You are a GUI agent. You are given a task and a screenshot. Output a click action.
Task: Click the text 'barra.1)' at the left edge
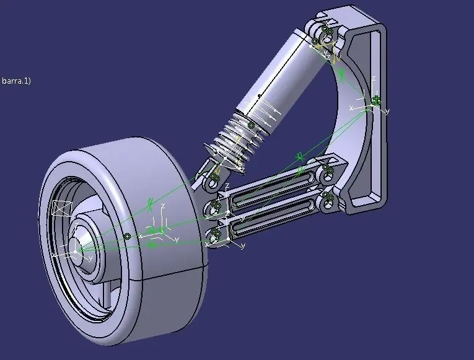point(16,81)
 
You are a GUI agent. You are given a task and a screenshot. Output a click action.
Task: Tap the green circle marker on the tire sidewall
point(126,236)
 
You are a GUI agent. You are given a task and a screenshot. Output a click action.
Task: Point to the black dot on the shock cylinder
point(259,96)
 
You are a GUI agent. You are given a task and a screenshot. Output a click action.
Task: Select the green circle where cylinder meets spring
point(251,125)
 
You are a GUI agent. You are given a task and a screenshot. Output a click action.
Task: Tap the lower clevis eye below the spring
point(213,178)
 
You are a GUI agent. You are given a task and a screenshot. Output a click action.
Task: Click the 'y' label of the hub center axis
point(90,258)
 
